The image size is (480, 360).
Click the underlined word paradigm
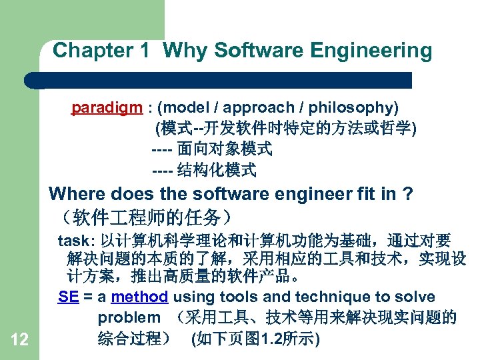(x=107, y=107)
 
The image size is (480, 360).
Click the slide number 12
(x=19, y=340)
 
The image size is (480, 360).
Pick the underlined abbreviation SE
(x=68, y=297)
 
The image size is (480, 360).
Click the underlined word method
(x=139, y=297)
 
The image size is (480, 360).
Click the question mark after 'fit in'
(x=408, y=194)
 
